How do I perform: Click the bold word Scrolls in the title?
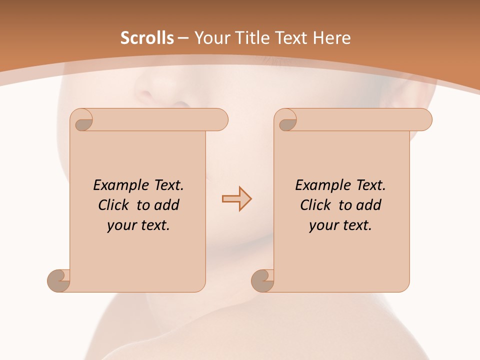[147, 37]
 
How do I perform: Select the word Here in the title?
[331, 37]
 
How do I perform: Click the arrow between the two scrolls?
[236, 199]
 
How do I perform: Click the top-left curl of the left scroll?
[82, 120]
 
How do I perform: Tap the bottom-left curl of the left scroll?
[58, 280]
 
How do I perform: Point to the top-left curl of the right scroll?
[286, 120]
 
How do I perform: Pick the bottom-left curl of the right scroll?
[262, 280]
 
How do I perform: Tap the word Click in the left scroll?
[114, 205]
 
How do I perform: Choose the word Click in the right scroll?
[316, 205]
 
